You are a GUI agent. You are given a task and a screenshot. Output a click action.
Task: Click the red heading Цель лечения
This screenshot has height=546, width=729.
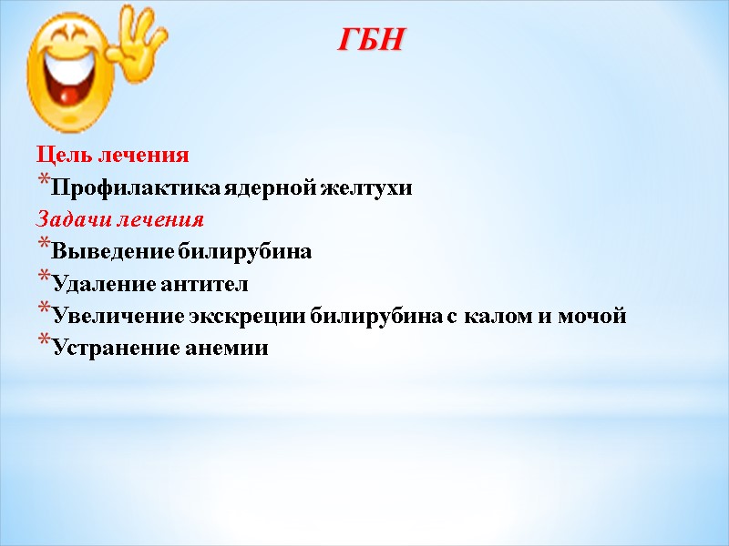[x=113, y=156]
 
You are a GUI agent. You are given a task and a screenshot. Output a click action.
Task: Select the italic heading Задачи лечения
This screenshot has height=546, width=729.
[x=120, y=220]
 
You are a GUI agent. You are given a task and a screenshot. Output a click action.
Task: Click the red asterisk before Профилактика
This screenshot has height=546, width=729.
[x=43, y=185]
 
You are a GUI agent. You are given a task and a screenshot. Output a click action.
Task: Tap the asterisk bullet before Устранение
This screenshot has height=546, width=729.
[x=43, y=345]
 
